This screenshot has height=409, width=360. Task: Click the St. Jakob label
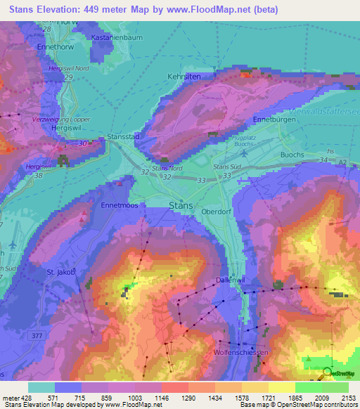60,271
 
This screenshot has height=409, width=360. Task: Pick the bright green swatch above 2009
309,387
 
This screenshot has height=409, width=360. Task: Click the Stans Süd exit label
228,167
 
